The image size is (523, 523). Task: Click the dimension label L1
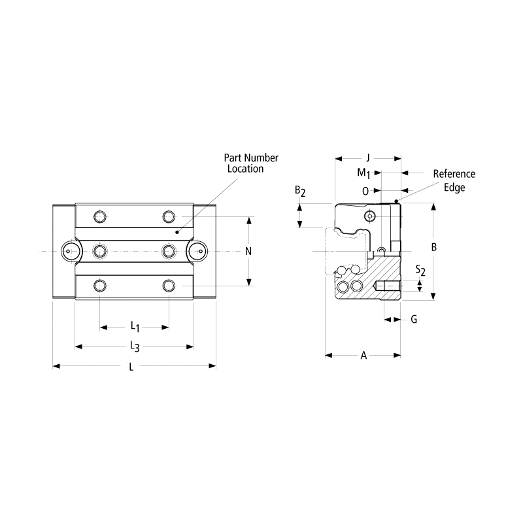[134, 325]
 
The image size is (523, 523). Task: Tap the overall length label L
[131, 367]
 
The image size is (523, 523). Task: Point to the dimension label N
[248, 251]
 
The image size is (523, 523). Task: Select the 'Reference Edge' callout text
[454, 180]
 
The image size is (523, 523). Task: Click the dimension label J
[368, 158]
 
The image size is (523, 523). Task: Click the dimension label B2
[300, 191]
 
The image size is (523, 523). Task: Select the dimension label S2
[421, 271]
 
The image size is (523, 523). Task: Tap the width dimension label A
[364, 356]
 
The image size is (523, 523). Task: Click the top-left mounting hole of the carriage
[99, 216]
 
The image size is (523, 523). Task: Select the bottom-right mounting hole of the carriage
[169, 285]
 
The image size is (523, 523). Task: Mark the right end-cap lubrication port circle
[199, 250]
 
